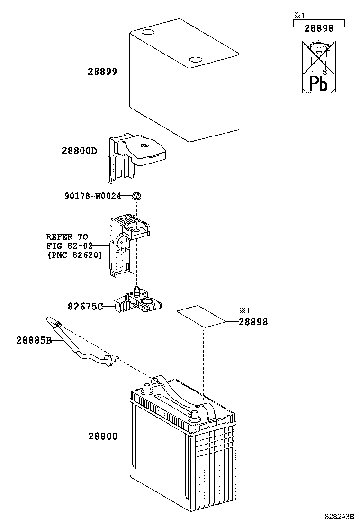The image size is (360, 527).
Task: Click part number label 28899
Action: click(x=102, y=72)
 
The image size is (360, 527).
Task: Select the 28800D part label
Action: click(x=79, y=151)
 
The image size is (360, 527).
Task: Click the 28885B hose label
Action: click(x=34, y=340)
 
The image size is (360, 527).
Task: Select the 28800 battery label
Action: click(x=102, y=436)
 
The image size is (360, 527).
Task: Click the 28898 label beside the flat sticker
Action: click(x=253, y=322)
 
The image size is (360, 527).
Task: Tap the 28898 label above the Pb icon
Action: click(x=319, y=28)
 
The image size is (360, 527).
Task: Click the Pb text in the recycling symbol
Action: click(x=318, y=83)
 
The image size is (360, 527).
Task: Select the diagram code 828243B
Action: click(x=340, y=516)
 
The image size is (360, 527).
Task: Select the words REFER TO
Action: click(x=67, y=237)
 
